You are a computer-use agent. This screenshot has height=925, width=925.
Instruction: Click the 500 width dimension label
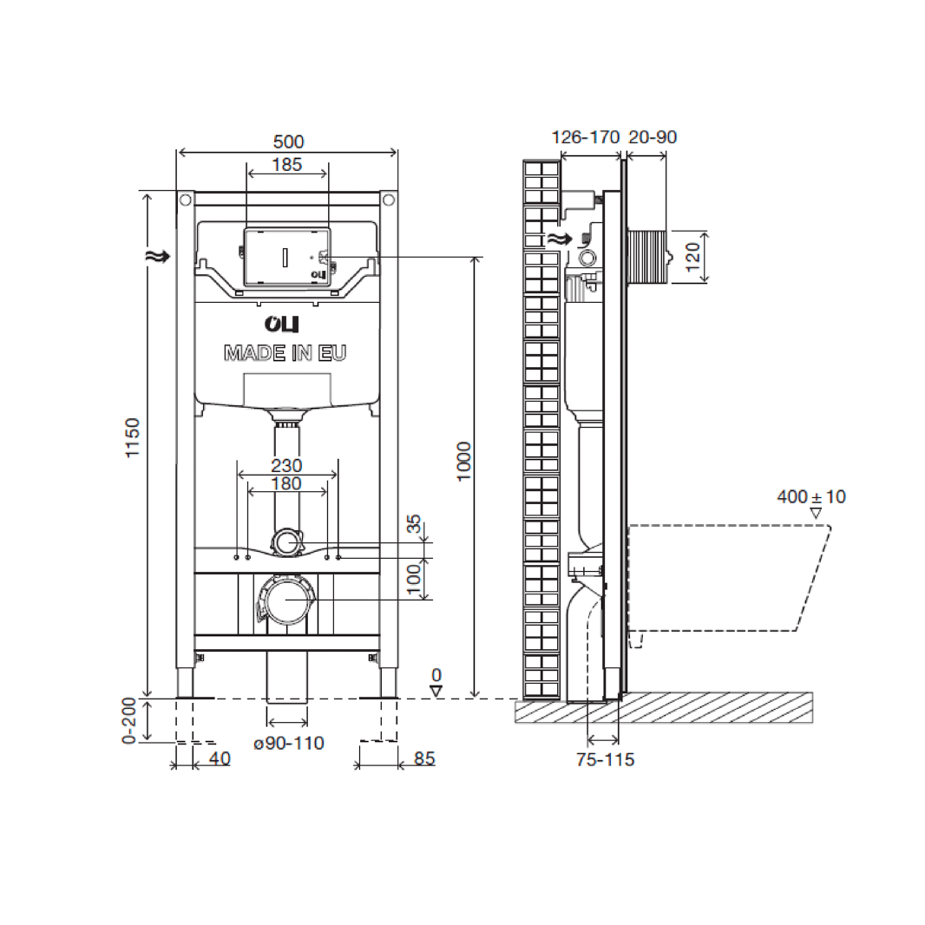pyautogui.click(x=287, y=141)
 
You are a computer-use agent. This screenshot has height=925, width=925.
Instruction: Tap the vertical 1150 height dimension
pyautogui.click(x=132, y=438)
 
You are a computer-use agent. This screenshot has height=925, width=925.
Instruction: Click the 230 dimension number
pyautogui.click(x=287, y=465)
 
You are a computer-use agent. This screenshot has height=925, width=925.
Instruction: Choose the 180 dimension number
pyautogui.click(x=287, y=482)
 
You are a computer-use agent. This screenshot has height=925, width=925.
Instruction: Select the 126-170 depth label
pyautogui.click(x=587, y=137)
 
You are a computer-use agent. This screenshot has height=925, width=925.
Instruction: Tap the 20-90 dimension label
pyautogui.click(x=652, y=137)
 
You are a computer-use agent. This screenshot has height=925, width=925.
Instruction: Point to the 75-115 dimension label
pyautogui.click(x=605, y=760)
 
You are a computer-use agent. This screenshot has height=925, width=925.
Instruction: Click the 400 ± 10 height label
pyautogui.click(x=811, y=497)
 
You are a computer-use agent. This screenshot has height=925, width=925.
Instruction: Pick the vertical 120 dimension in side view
pyautogui.click(x=692, y=257)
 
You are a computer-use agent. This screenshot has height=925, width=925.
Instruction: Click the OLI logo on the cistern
pyautogui.click(x=282, y=325)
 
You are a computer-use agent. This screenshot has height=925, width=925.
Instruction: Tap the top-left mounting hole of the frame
pyautogui.click(x=185, y=200)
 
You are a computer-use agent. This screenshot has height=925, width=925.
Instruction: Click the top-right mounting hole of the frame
pyautogui.click(x=390, y=200)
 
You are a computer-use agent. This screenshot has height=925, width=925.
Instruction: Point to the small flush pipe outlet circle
pyautogui.click(x=287, y=543)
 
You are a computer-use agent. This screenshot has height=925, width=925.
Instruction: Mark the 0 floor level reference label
pyautogui.click(x=436, y=675)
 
